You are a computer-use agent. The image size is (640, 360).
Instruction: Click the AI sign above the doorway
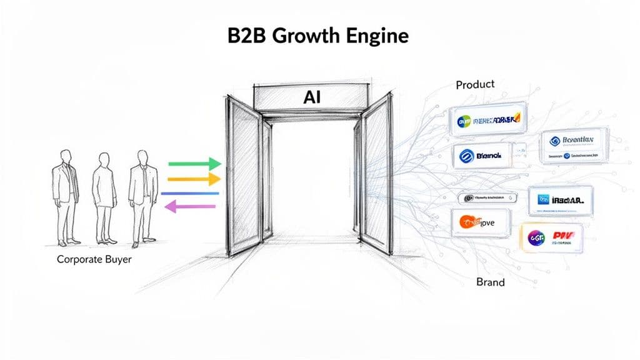coord(311,97)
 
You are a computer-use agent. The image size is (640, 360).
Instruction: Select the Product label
coord(475,84)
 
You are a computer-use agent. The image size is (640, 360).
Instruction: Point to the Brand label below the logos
coord(490,282)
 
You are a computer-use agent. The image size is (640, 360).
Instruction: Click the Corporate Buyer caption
coord(94,259)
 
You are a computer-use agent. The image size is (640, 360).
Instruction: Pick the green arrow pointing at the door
coord(194,164)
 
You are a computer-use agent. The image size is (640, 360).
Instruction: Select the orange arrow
coord(194,180)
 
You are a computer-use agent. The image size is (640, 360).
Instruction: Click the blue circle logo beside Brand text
coord(467,156)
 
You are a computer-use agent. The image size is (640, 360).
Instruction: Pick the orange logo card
coord(481,221)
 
